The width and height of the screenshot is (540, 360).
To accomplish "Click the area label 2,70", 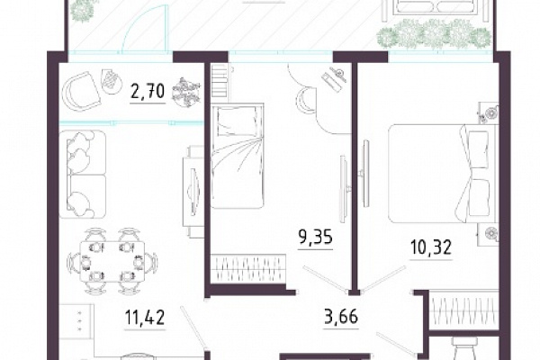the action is pos(148,92).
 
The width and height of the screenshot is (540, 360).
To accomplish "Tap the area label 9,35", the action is pos(316,237).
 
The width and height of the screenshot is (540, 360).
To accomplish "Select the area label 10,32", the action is pos(431,247).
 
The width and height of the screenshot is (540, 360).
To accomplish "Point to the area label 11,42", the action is pos(145,317).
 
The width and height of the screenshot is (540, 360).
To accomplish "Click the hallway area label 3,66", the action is pos(341,316).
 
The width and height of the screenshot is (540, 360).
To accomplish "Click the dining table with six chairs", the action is pos(112,261).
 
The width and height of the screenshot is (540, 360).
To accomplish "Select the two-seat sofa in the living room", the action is pos(83,175).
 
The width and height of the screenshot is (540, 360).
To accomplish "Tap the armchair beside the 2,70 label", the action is pos(81,92).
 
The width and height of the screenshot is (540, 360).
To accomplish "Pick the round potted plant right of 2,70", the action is pos(186,92).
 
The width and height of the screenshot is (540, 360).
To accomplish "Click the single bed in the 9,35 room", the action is pos(238,156).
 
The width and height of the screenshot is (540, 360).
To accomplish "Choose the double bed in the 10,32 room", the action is pos(442,174).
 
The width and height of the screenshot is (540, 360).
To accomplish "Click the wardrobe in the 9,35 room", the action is pos(248,268).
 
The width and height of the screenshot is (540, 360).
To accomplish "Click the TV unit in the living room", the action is pos(193,191).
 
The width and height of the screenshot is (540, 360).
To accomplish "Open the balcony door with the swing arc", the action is pos(145,30).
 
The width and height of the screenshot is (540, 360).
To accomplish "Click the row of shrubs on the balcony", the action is pos(434,34).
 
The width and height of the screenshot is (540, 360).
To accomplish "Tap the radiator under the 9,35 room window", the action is pos(220,81).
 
